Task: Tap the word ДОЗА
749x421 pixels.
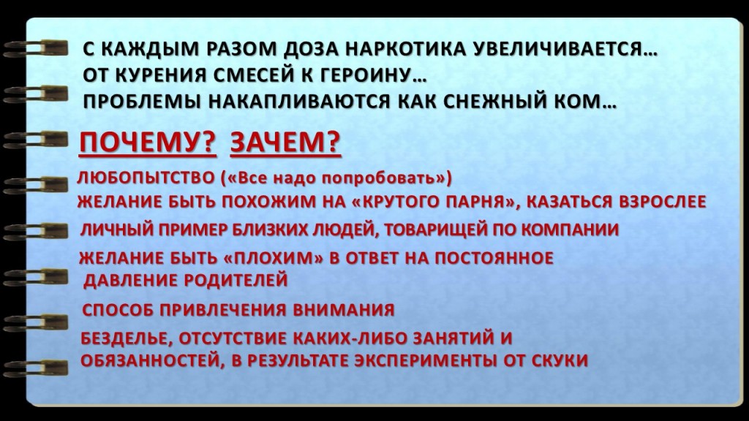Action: pyautogui.click(x=309, y=49)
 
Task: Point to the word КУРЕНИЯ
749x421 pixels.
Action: pyautogui.click(x=159, y=75)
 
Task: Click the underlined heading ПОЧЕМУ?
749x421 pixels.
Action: pyautogui.click(x=148, y=143)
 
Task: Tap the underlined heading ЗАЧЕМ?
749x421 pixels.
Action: pyautogui.click(x=285, y=143)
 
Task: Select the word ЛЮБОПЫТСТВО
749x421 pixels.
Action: pyautogui.click(x=146, y=178)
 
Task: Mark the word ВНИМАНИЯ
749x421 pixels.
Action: pyautogui.click(x=344, y=310)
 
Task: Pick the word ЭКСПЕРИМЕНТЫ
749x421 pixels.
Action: pyautogui.click(x=426, y=360)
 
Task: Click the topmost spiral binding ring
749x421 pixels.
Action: pyautogui.click(x=36, y=49)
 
